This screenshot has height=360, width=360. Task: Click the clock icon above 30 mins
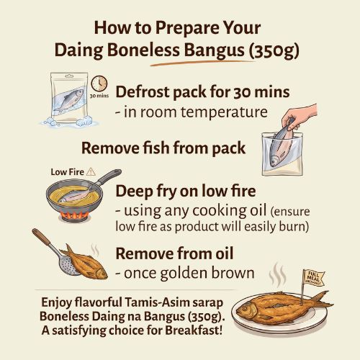pos(99,84)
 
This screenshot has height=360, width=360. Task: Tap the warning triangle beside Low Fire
pos(91,172)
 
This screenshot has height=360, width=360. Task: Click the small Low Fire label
pos(67,172)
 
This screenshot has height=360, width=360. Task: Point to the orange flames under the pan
pos(74,215)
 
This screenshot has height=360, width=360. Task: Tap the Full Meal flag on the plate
pos(312,279)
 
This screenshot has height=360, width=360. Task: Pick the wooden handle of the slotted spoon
pos(41,237)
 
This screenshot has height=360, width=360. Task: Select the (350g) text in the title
pos(274,51)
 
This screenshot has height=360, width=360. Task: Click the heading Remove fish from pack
pos(163,148)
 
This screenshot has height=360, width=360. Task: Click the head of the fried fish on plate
pos(246,309)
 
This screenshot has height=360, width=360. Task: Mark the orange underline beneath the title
pos(203,63)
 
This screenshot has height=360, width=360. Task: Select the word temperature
pos(224,112)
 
